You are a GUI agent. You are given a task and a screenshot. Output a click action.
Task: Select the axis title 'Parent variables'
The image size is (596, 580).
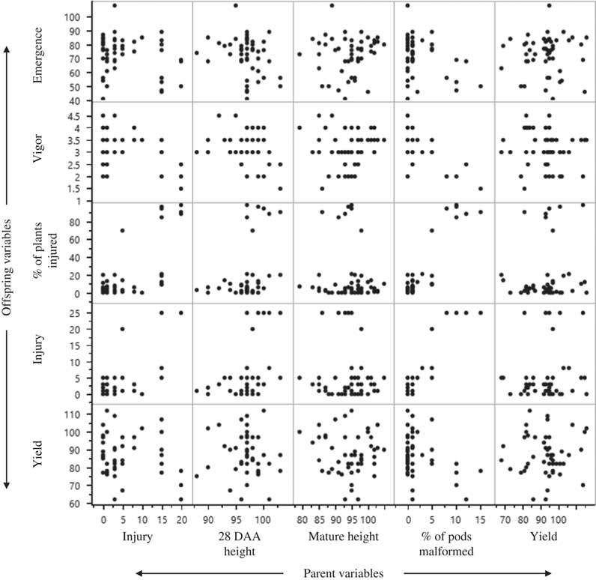pos(343,573)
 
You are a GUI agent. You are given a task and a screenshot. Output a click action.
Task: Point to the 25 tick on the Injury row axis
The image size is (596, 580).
pos(85,312)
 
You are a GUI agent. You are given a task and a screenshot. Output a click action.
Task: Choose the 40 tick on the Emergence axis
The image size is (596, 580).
pos(85,100)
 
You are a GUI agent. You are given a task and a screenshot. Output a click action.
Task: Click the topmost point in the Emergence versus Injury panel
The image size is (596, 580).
pos(115,6)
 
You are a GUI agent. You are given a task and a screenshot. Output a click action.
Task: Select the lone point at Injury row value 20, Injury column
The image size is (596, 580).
pos(122,329)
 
